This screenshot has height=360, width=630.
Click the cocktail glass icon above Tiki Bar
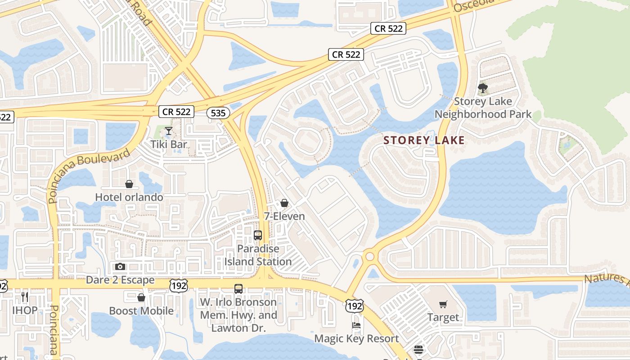pyautogui.click(x=169, y=131)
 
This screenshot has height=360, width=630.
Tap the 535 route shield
pyautogui.click(x=218, y=112)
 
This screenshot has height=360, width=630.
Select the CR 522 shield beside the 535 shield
pyautogui.click(x=176, y=112)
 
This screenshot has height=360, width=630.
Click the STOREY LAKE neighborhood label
pyautogui.click(x=424, y=140)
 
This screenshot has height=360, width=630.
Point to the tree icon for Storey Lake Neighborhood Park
pyautogui.click(x=483, y=87)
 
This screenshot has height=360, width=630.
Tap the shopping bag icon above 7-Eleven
pyautogui.click(x=284, y=203)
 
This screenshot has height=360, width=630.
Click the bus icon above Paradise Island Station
pyautogui.click(x=258, y=235)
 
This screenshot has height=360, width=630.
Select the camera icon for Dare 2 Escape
pyautogui.click(x=120, y=267)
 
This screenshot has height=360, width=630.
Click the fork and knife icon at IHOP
pyautogui.click(x=24, y=297)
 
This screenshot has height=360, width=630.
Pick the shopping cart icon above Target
pyautogui.click(x=443, y=305)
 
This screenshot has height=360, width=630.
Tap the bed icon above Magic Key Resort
pyautogui.click(x=356, y=325)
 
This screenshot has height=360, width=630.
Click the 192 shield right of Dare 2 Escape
pyautogui.click(x=178, y=285)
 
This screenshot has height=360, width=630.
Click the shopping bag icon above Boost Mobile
pyautogui.click(x=141, y=297)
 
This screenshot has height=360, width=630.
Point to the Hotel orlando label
pyautogui.click(x=129, y=197)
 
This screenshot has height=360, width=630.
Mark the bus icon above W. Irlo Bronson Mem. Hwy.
pyautogui.click(x=238, y=289)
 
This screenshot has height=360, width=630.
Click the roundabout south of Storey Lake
pyautogui.click(x=370, y=256)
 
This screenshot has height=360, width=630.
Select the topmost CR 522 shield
pyautogui.click(x=389, y=28)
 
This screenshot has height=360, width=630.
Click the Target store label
pyautogui.click(x=443, y=317)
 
